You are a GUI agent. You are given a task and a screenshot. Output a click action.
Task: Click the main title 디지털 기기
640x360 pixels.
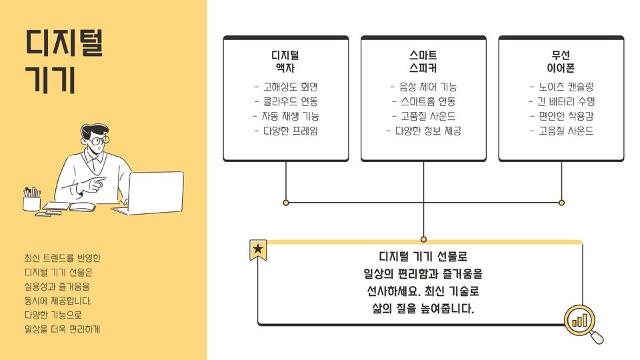pyautogui.click(x=65, y=61)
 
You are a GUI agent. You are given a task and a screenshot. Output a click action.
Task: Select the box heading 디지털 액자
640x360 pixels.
pyautogui.click(x=285, y=61)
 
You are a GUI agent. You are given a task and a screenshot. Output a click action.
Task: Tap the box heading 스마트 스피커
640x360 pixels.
pyautogui.click(x=423, y=61)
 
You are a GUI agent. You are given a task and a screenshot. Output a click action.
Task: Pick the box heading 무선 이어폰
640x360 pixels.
pyautogui.click(x=561, y=61)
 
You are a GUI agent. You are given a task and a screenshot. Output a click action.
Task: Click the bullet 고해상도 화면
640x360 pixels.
pyautogui.click(x=286, y=87)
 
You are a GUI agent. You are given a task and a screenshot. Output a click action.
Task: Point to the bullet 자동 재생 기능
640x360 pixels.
pyautogui.click(x=286, y=117)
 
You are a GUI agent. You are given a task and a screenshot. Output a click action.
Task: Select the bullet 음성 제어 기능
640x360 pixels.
pyautogui.click(x=423, y=87)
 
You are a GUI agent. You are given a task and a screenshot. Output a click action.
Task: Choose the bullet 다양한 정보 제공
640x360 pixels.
pyautogui.click(x=423, y=131)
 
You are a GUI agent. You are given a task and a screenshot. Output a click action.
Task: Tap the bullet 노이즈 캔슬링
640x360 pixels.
pyautogui.click(x=561, y=87)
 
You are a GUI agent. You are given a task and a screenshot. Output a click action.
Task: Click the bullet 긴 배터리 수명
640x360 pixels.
pyautogui.click(x=561, y=102)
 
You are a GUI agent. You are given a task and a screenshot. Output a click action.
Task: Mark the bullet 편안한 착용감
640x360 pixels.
pyautogui.click(x=561, y=117)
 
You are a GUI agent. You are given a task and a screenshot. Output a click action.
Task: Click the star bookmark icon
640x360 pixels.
pyautogui.click(x=258, y=250)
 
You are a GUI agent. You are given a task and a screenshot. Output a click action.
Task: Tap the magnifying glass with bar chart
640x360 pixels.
pyautogui.click(x=581, y=322)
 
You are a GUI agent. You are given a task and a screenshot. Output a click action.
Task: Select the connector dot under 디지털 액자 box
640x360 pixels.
pyautogui.click(x=286, y=202)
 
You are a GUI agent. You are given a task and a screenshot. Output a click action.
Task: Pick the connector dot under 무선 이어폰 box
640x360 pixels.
pyautogui.click(x=561, y=202)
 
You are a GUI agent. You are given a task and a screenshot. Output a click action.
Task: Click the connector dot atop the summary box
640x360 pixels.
pyautogui.click(x=423, y=239)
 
